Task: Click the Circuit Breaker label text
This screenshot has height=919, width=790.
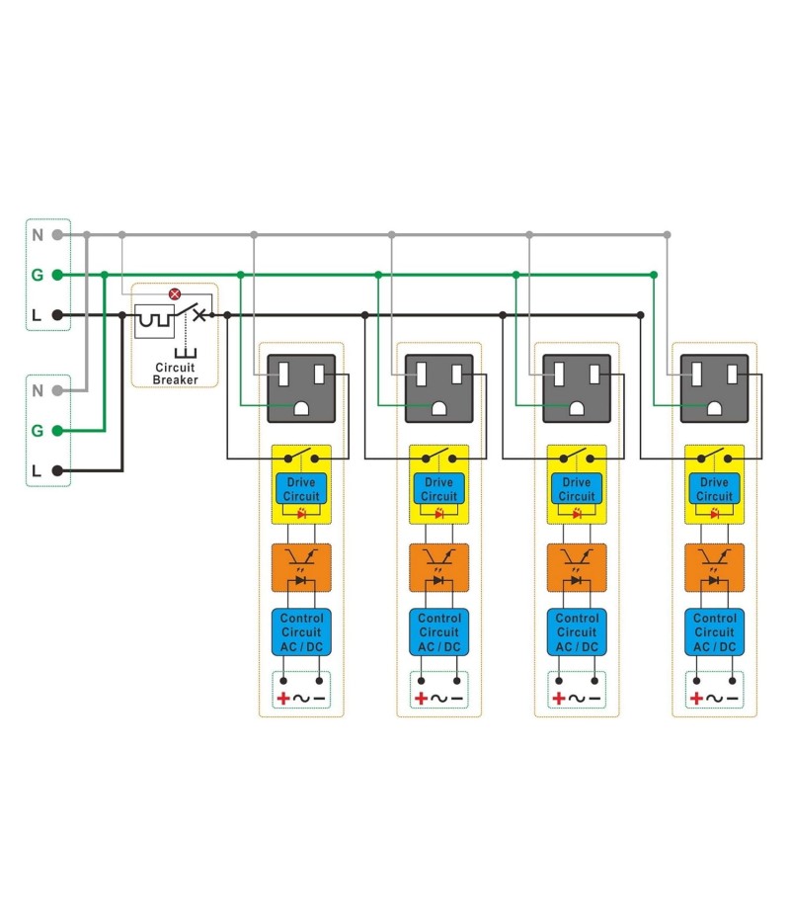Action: click(x=175, y=374)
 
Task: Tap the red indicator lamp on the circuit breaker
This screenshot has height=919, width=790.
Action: click(x=175, y=293)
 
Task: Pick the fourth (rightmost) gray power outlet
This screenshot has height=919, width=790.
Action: click(x=714, y=388)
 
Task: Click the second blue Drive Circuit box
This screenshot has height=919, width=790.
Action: click(x=438, y=489)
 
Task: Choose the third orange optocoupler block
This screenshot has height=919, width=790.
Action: click(x=577, y=567)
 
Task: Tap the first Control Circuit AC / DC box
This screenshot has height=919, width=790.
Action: click(x=301, y=632)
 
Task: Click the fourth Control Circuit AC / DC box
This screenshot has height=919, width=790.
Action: click(x=714, y=632)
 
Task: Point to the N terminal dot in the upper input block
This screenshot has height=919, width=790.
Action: click(x=58, y=235)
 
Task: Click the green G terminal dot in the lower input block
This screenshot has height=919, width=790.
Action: click(x=58, y=431)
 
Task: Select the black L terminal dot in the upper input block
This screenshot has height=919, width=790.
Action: click(x=58, y=315)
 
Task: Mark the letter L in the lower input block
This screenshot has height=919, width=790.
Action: click(x=38, y=471)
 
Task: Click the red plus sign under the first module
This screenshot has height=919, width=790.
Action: click(x=283, y=699)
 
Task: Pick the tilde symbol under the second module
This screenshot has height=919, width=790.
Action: click(x=438, y=699)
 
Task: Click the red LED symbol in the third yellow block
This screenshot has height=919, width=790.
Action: click(x=577, y=514)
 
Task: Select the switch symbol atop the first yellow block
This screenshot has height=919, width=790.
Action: click(x=301, y=458)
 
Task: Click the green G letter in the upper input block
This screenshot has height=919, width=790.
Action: click(x=38, y=275)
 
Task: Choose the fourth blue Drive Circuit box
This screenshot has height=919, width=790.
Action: click(x=714, y=489)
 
